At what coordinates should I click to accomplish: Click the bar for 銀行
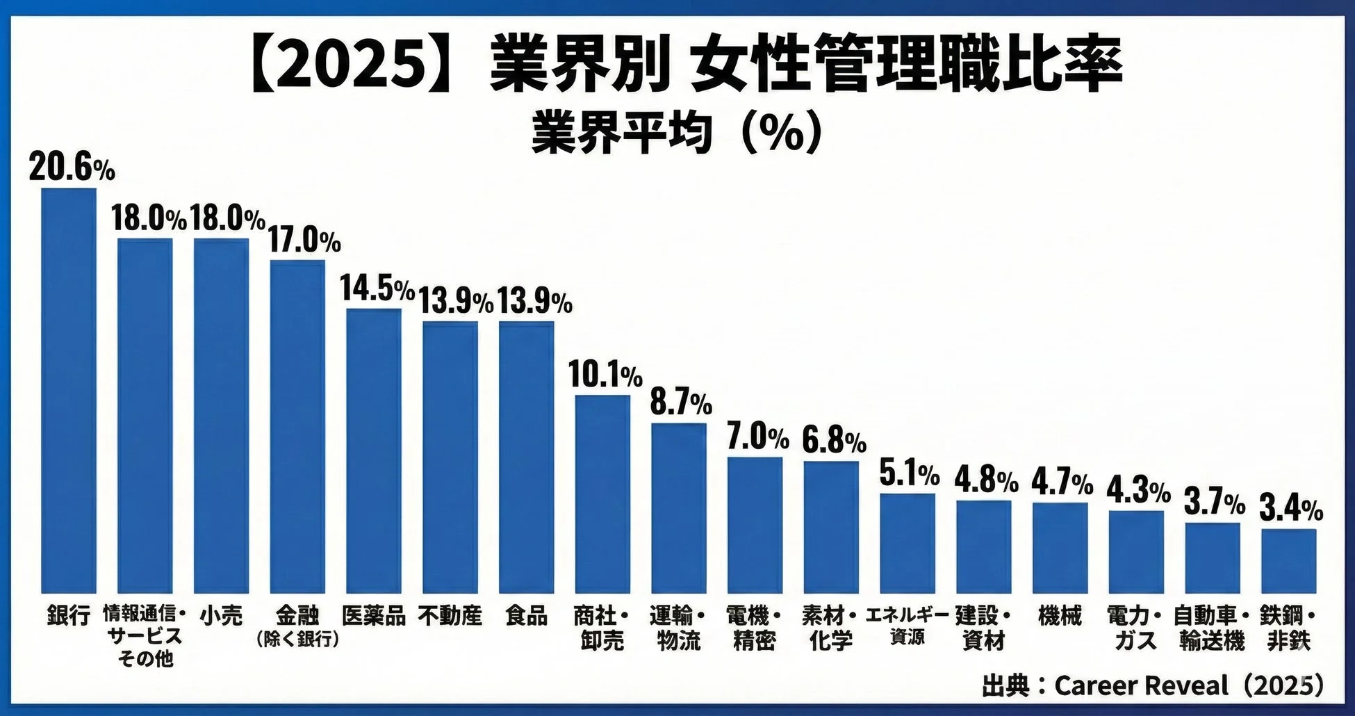[x=69, y=390]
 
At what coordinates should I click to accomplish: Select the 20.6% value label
[x=72, y=168]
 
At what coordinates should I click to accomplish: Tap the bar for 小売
[x=221, y=415]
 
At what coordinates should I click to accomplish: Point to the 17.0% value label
[x=304, y=241]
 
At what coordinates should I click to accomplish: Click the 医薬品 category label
[x=374, y=616]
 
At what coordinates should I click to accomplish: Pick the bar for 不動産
[x=450, y=457]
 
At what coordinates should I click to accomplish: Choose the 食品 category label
[x=526, y=616]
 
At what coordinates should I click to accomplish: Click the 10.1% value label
[x=605, y=375]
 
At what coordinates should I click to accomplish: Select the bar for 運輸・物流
[x=679, y=507]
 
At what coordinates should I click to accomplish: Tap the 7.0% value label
[x=757, y=437]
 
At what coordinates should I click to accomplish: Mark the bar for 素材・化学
[x=831, y=526]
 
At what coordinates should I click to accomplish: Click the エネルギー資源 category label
[x=907, y=626]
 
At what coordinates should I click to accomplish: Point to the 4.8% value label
[x=986, y=480]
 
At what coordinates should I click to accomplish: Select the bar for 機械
[x=1060, y=547]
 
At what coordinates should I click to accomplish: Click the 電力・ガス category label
[x=1135, y=628]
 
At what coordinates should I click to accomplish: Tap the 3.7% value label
[x=1214, y=502]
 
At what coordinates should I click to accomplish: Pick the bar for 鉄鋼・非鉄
[x=1288, y=560]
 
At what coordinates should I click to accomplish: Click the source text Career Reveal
[x=1141, y=686]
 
